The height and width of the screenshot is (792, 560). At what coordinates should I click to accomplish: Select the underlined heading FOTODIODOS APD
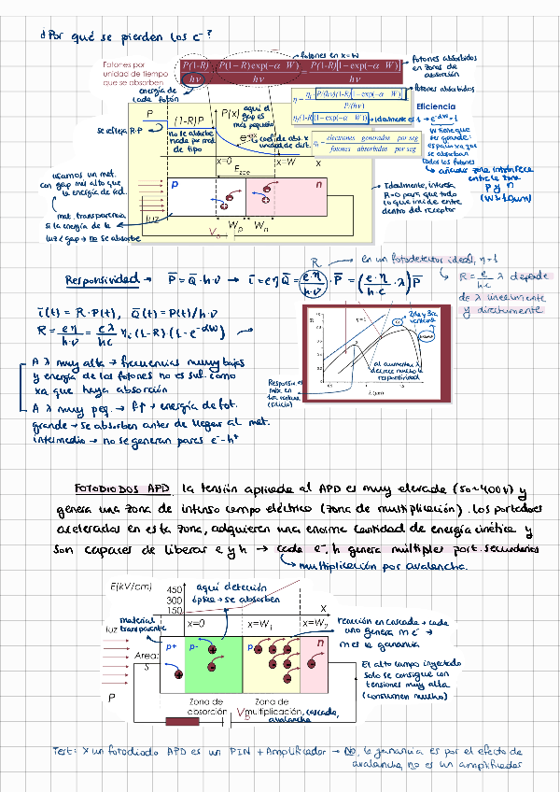124,488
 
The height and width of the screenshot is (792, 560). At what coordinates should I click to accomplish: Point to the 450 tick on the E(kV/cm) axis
174,589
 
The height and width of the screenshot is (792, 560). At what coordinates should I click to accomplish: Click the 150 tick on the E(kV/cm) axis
175,610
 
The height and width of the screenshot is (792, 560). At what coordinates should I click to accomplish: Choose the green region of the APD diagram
214,653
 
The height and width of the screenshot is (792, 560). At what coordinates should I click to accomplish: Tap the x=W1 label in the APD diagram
258,623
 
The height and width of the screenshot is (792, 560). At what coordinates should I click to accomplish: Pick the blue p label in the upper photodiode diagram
174,185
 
